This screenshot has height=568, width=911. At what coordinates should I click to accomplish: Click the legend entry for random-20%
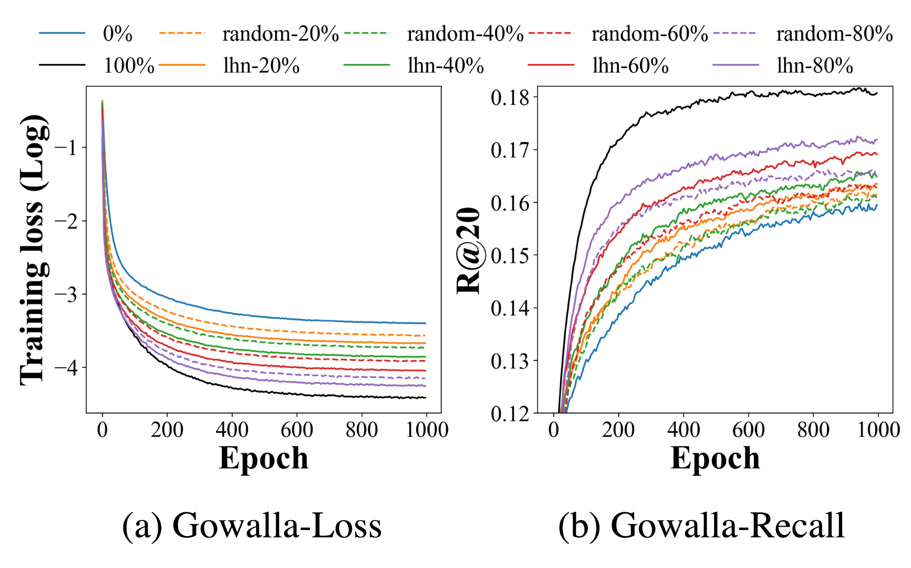coord(280,34)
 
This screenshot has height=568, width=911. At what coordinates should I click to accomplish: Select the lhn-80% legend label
coord(814,66)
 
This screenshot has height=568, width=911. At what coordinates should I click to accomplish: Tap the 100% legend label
coord(129,66)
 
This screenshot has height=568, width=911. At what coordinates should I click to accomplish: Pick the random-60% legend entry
coord(650,34)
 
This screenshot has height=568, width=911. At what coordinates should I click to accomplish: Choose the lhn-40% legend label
coord(446,66)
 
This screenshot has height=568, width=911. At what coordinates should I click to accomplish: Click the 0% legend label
coord(117,34)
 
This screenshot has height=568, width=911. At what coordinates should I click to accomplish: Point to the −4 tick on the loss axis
coord(66,367)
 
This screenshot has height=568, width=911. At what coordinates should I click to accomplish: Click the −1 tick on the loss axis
coord(66,147)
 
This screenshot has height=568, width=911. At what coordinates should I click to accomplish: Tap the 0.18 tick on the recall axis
coord(510,98)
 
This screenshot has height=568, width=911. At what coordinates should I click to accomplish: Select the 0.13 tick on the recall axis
coord(510,361)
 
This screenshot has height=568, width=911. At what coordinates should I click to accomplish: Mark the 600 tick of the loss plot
coord(297,430)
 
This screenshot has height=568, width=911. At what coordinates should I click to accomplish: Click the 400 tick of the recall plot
coord(683,430)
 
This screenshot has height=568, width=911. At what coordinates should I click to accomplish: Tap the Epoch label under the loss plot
coord(264,458)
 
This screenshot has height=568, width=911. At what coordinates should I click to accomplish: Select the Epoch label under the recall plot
coord(715,458)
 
